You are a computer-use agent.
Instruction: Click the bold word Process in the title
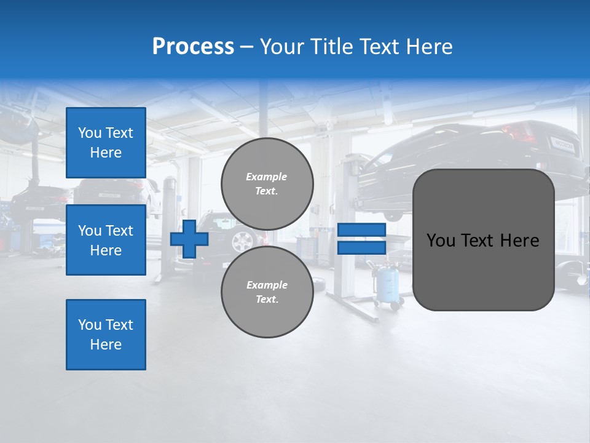tap(193, 47)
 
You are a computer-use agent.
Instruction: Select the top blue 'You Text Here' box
tap(106, 143)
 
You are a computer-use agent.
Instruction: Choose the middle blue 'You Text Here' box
tap(106, 240)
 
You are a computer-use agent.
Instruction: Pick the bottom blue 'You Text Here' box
tap(106, 335)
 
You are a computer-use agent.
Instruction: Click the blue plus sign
tap(189, 239)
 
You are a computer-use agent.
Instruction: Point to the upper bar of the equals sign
tap(361, 230)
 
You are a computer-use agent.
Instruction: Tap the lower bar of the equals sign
tap(361, 247)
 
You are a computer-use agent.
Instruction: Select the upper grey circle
tap(267, 184)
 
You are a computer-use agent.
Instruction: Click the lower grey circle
tap(267, 292)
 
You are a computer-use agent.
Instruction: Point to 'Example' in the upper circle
tap(267, 177)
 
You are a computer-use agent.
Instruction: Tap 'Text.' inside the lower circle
tap(267, 300)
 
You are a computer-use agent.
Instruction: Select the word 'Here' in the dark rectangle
tap(520, 241)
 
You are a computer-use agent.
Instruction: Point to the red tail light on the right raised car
tap(515, 131)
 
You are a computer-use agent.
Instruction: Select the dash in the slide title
tap(247, 47)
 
